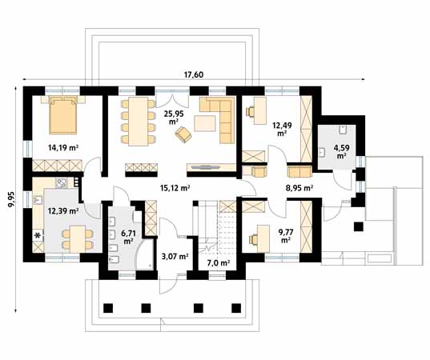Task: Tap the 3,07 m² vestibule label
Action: pyautogui.click(x=175, y=257)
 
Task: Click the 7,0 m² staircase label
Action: pyautogui.click(x=218, y=262)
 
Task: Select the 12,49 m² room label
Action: pyautogui.click(x=282, y=128)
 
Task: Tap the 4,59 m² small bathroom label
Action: pyautogui.click(x=342, y=151)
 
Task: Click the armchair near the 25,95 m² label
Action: pyautogui.click(x=183, y=137)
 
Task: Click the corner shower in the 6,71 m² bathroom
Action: pyautogui.click(x=146, y=257)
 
